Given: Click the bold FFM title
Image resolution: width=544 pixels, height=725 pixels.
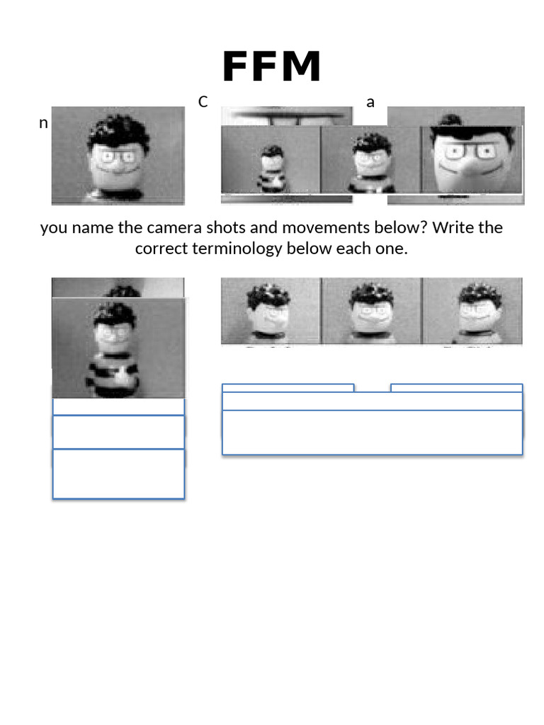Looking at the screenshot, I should point(272,67).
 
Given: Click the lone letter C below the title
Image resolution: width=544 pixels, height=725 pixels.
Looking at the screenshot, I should point(203,102).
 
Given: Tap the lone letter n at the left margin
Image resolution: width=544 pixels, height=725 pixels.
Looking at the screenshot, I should point(43,123).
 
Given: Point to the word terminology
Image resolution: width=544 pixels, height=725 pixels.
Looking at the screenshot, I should point(238,249).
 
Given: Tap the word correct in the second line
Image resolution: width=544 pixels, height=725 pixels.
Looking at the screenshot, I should point(161,249).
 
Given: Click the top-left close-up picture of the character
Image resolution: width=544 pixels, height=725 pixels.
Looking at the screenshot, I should point(118,155).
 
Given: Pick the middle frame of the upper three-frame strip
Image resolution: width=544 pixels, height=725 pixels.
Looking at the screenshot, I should point(370,161).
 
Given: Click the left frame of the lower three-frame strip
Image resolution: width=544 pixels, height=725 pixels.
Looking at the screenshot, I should point(271,311).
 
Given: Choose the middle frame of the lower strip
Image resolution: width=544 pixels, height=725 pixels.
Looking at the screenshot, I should point(371,311).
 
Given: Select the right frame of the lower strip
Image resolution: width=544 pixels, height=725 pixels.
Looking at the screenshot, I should point(472,311).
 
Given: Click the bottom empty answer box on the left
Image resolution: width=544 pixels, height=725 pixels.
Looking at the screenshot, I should point(118,474).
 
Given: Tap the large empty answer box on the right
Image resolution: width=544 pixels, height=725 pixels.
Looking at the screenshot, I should point(372,432).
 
